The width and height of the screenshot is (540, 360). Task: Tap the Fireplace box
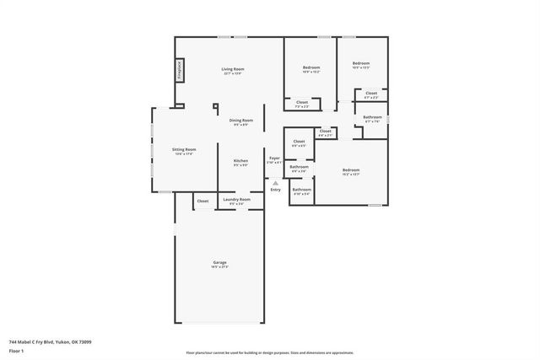(180, 70)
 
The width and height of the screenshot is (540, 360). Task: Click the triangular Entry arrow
(275, 183)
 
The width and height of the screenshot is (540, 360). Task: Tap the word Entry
(275, 190)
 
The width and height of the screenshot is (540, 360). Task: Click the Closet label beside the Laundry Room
(202, 201)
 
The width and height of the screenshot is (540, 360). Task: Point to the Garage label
(219, 264)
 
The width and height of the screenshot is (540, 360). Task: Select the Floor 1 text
(17, 350)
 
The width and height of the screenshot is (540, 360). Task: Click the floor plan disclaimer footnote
(270, 352)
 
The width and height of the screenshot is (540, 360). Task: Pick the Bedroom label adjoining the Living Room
(311, 67)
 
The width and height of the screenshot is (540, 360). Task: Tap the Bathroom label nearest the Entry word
(302, 191)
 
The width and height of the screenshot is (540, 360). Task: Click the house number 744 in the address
(13, 341)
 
